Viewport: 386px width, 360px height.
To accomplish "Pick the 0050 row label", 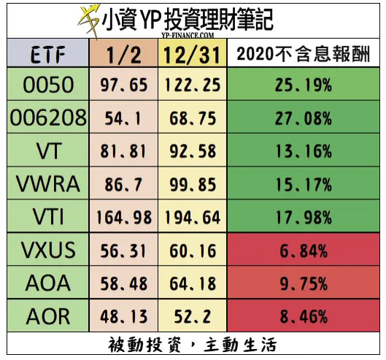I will (x=45, y=85).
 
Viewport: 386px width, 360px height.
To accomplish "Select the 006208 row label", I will (x=45, y=117).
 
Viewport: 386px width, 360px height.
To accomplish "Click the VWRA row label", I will (x=45, y=184).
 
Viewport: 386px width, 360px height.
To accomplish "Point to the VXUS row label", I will (x=45, y=250).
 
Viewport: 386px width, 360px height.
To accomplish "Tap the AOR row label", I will (x=45, y=316).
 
